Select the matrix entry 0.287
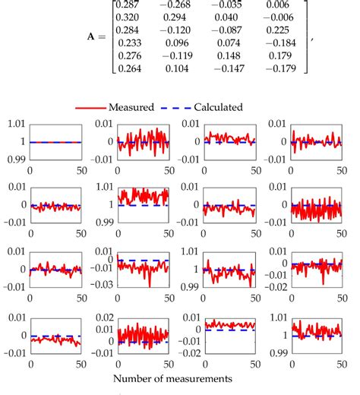point(127,5)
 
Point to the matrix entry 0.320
point(127,17)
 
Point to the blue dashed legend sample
point(176,108)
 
